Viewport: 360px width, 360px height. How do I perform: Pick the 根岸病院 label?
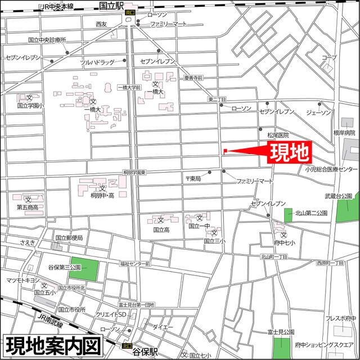click(x=344, y=133)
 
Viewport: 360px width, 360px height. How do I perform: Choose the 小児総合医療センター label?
click(x=331, y=169)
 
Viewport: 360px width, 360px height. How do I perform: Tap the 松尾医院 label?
click(x=277, y=135)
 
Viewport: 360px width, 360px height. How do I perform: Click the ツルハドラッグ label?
click(x=97, y=62)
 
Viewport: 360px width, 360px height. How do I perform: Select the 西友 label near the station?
click(x=101, y=24)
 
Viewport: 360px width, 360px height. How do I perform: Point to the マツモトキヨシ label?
click(x=22, y=280)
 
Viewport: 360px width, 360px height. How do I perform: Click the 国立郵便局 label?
click(x=69, y=238)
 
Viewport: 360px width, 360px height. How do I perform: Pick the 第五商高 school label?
click(x=28, y=207)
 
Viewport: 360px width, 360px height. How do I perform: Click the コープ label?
click(x=328, y=58)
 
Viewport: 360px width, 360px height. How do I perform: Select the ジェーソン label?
click(x=318, y=112)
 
